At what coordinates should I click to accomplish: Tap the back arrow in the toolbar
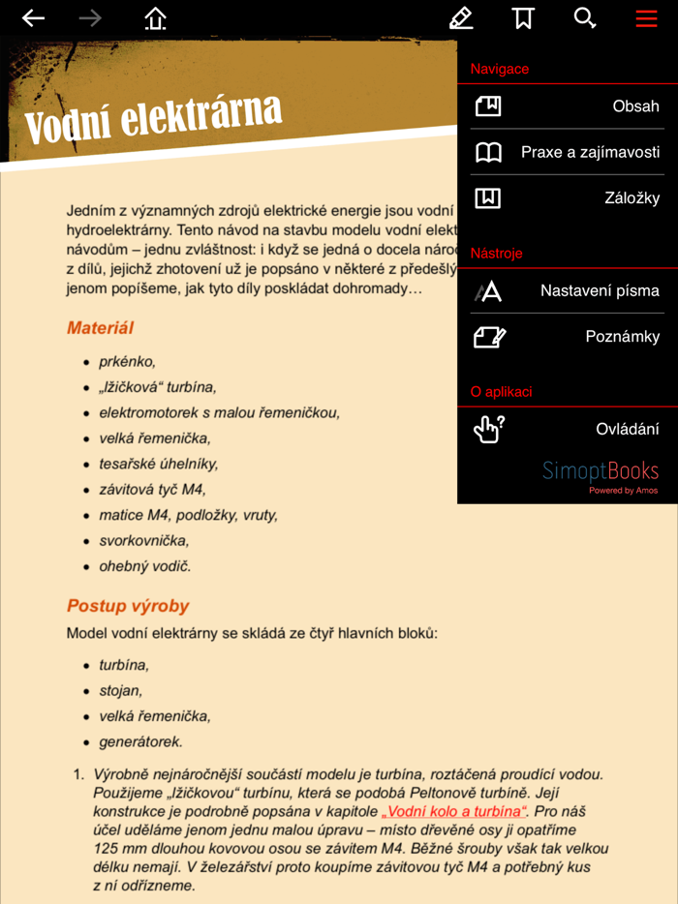coord(33,18)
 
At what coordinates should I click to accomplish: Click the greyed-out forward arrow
coord(90,18)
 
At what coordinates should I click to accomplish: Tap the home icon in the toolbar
coord(155,18)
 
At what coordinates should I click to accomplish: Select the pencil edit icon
coord(461,18)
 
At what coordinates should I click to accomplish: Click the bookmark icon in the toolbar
coord(523,18)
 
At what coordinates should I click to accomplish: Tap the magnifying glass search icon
coord(584,18)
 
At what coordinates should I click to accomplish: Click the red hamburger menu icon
coord(646,18)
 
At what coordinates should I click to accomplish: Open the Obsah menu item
coord(567,106)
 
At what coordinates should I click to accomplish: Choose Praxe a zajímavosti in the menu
coord(567,152)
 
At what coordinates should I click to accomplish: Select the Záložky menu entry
coord(567,198)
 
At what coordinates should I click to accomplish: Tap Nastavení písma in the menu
coord(567,290)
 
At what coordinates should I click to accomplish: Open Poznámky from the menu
coord(567,337)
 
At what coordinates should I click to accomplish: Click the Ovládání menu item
coord(567,429)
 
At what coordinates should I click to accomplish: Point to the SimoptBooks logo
coord(601,472)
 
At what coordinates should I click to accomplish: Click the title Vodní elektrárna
coord(153,119)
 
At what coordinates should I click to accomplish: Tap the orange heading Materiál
coord(100,328)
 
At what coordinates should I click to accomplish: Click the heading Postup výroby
coord(128,606)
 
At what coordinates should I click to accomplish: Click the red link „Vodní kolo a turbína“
coord(453,811)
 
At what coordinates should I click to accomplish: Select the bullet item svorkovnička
coord(143,541)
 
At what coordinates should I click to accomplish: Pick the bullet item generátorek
coord(140,742)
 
